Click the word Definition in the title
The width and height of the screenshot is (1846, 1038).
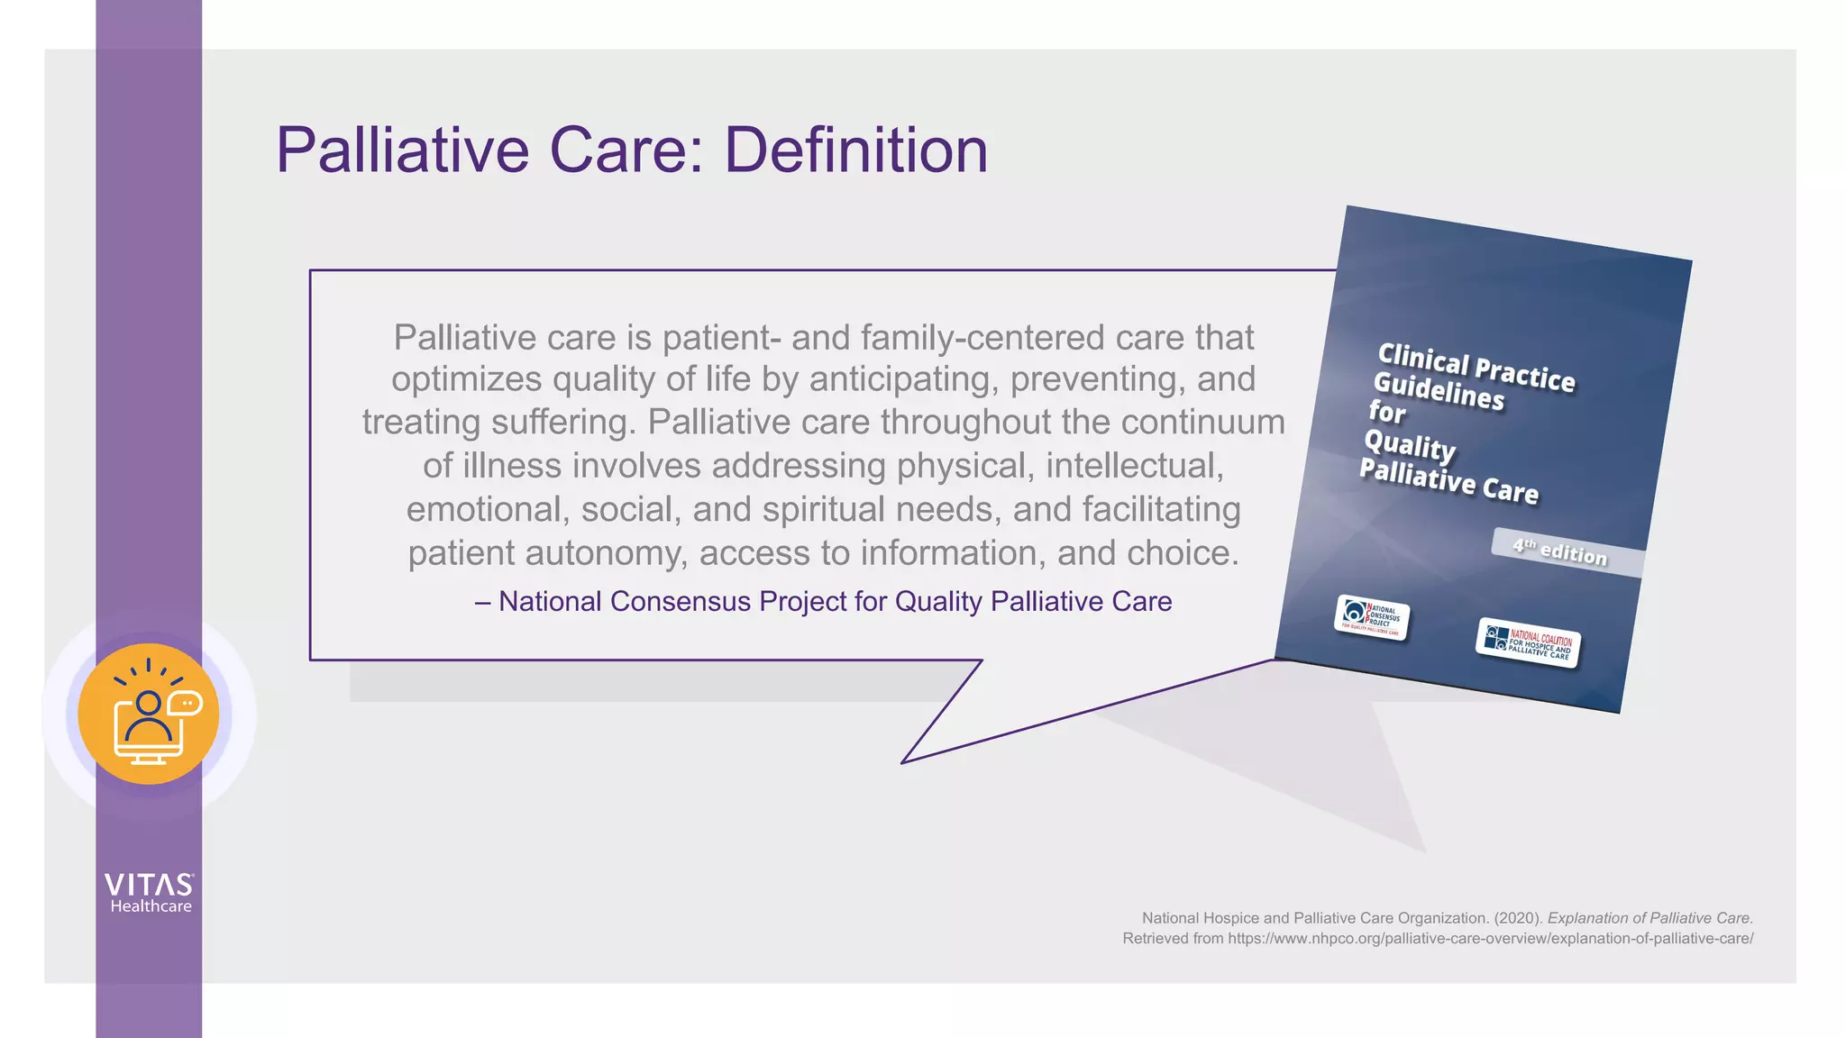coord(855,150)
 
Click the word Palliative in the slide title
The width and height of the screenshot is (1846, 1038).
coord(402,150)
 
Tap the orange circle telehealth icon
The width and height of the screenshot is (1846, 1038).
coord(149,714)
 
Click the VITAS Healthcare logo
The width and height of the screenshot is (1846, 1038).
coord(149,892)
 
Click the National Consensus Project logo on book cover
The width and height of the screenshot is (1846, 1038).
coord(1372,617)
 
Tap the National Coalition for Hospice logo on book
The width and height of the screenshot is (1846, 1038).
coord(1529,642)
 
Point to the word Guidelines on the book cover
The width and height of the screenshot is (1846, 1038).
coord(1439,391)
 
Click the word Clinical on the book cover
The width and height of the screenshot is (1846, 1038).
coord(1423,359)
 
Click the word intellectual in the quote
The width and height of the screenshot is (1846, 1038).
coord(1134,466)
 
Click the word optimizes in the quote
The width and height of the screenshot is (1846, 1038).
coord(467,379)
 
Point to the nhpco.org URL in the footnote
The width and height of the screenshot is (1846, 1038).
coord(1490,938)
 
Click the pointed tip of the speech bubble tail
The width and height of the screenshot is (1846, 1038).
coord(903,762)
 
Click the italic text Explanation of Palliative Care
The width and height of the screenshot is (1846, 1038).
coord(1650,917)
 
